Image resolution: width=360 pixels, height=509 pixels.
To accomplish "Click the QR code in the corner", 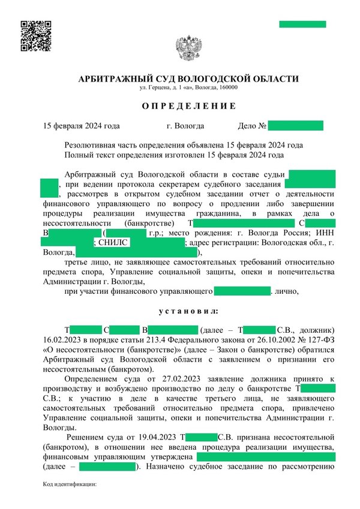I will click(35, 35).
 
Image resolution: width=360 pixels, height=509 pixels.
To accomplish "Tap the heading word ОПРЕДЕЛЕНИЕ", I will click(188, 106).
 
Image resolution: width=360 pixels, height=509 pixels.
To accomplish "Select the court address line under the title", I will click(188, 88).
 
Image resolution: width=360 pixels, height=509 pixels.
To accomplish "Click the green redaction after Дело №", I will click(295, 126).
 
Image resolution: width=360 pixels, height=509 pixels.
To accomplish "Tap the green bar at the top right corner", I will click(302, 24).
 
